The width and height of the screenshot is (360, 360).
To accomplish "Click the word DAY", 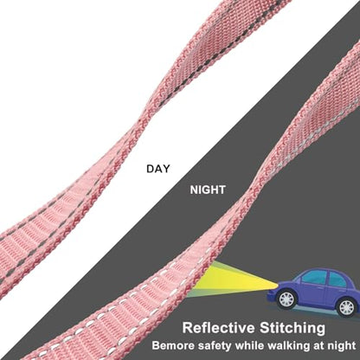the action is (x=158, y=169).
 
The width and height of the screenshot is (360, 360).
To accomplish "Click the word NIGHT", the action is (x=208, y=190).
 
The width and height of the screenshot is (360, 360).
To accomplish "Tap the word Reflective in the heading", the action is (x=219, y=328).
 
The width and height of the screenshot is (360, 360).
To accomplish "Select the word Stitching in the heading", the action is (x=292, y=328).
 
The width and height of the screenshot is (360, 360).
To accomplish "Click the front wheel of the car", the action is (x=286, y=299).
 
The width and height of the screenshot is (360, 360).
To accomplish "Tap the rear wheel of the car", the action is (x=346, y=307).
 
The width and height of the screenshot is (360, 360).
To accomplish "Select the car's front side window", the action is (x=314, y=278).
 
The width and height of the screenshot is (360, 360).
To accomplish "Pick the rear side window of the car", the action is (x=338, y=280).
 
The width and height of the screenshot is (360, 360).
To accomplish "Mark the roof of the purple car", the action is (x=326, y=270).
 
